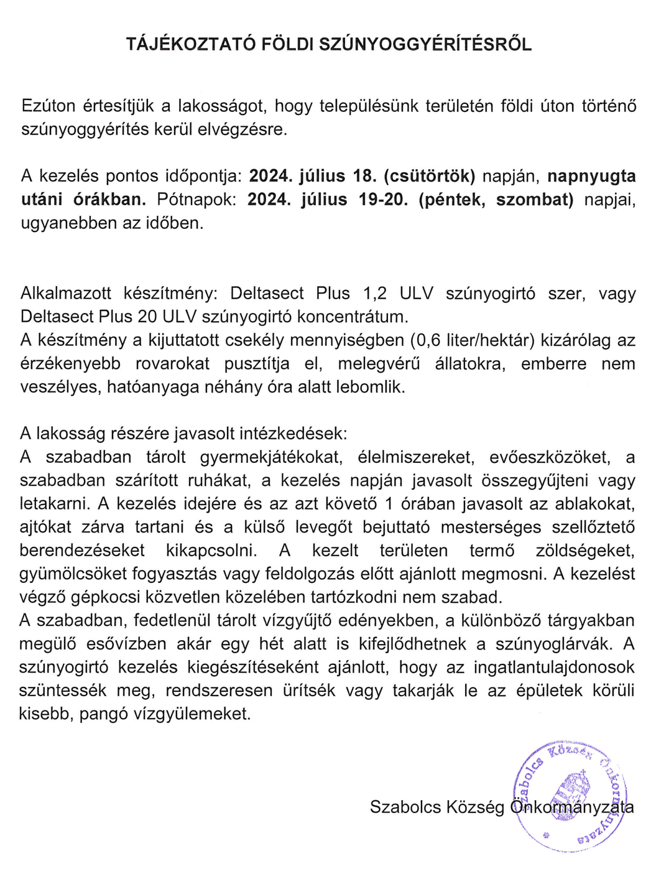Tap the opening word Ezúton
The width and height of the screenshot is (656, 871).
49,106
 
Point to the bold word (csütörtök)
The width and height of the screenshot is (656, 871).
429,177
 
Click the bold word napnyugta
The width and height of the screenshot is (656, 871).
591,177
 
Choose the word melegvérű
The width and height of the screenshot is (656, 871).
379,364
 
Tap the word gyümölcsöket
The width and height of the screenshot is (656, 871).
73,574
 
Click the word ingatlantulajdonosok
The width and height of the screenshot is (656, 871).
554,668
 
